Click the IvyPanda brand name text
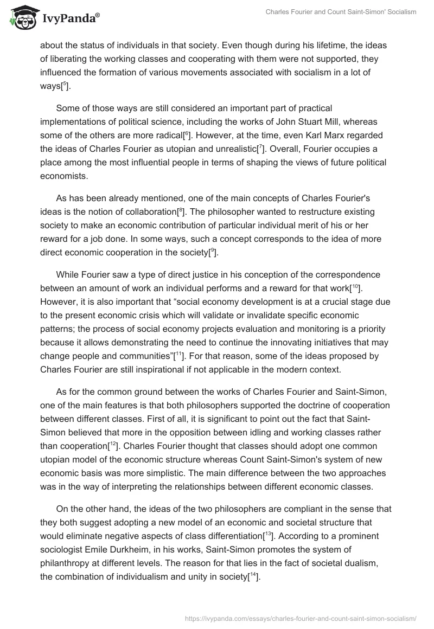click(71, 20)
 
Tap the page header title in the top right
click(341, 12)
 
